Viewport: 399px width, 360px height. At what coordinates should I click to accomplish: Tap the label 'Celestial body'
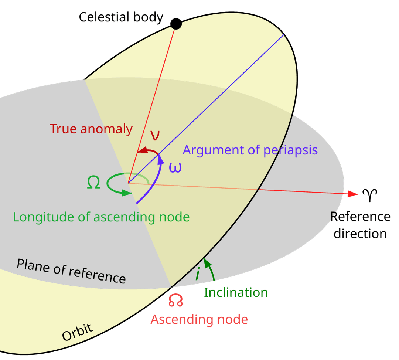click(121, 17)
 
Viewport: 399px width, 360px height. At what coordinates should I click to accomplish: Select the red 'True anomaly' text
click(91, 129)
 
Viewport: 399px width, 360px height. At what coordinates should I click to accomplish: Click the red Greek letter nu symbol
click(156, 135)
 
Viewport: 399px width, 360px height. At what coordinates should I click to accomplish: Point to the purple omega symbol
click(175, 167)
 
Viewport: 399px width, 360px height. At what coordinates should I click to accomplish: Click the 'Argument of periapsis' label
click(250, 150)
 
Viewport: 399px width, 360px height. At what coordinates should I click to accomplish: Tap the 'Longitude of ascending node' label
click(101, 217)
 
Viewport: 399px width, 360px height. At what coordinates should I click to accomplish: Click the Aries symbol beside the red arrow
click(370, 195)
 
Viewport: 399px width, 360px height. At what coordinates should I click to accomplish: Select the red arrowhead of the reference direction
click(353, 194)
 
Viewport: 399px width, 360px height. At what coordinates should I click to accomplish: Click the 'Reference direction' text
click(360, 225)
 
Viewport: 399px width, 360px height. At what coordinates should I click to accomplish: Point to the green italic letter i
click(198, 274)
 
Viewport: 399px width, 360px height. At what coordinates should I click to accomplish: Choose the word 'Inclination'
click(236, 293)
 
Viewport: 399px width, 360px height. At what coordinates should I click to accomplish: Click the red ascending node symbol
click(176, 300)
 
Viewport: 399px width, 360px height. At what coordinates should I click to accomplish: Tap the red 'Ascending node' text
click(199, 319)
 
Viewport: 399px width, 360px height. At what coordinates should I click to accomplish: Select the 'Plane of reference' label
click(71, 271)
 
